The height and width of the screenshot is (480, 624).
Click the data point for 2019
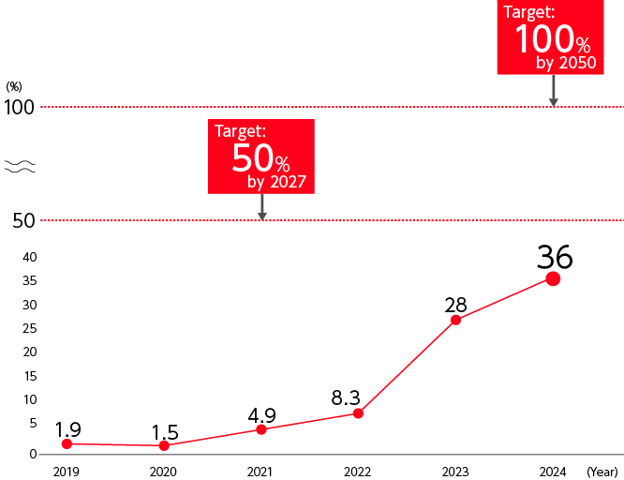pyautogui.click(x=67, y=443)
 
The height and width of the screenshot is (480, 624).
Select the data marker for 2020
pyautogui.click(x=164, y=445)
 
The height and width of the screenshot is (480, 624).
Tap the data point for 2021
pyautogui.click(x=261, y=429)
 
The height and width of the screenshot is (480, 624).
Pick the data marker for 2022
pyautogui.click(x=358, y=413)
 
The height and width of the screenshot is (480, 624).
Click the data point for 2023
pyautogui.click(x=455, y=320)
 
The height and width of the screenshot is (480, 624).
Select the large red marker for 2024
pyautogui.click(x=553, y=278)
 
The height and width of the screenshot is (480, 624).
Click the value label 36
pyautogui.click(x=554, y=256)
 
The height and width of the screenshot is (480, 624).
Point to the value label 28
pyautogui.click(x=455, y=305)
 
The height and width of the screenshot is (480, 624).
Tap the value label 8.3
pyautogui.click(x=348, y=397)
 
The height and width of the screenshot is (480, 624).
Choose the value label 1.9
pyautogui.click(x=67, y=429)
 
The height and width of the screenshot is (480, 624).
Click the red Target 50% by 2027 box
pyautogui.click(x=260, y=157)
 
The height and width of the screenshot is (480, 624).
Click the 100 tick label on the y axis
pyautogui.click(x=19, y=107)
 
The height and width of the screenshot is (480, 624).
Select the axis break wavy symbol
pyautogui.click(x=20, y=167)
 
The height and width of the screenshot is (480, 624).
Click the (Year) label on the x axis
pyautogui.click(x=602, y=471)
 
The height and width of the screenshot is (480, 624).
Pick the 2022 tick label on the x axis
pyautogui.click(x=358, y=471)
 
